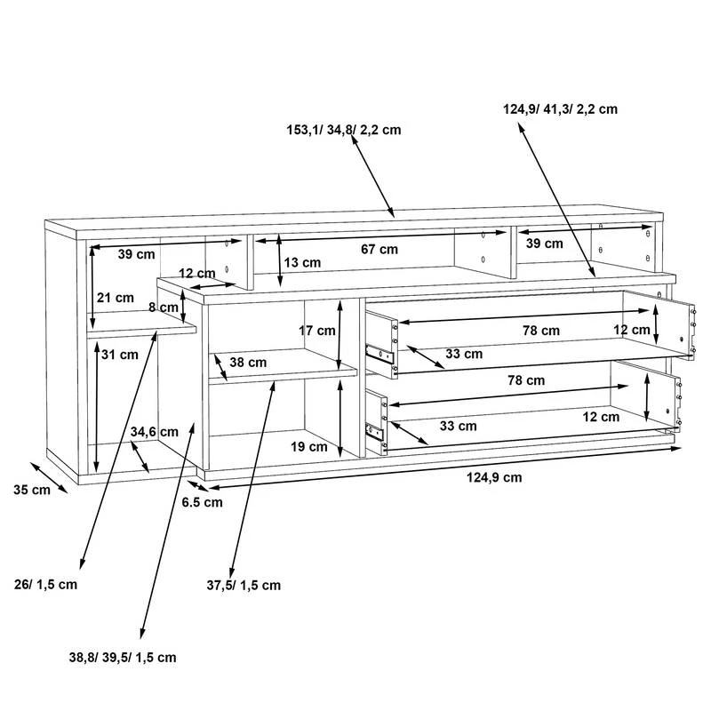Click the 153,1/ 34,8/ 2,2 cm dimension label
(x=343, y=130)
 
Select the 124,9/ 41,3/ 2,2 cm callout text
(x=560, y=109)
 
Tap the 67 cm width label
(x=373, y=250)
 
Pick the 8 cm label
(x=164, y=308)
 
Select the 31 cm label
(x=121, y=355)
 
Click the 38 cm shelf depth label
(x=249, y=363)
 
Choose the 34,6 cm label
(x=155, y=432)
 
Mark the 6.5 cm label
(x=202, y=502)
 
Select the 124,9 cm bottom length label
(x=494, y=477)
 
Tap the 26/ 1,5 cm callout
(x=46, y=584)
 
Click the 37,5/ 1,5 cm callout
(x=244, y=585)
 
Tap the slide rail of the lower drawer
(x=377, y=432)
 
